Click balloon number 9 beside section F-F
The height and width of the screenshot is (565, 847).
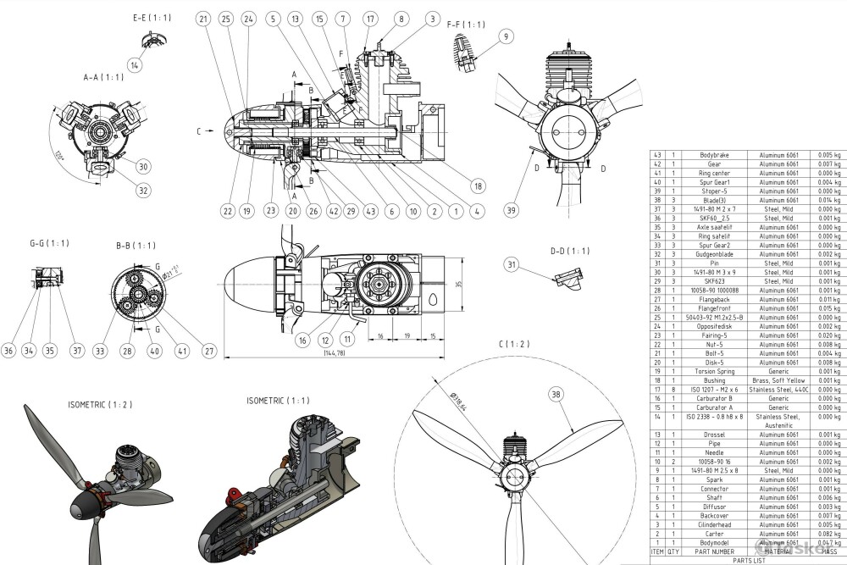coord(507,36)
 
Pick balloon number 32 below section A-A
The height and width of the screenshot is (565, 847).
coord(143,191)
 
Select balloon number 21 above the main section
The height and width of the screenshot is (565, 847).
coord(202,19)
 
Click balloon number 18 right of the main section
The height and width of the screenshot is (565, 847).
coord(479,186)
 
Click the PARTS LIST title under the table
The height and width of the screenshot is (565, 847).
coord(748,560)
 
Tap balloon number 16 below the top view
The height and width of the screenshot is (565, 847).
coord(302,341)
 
